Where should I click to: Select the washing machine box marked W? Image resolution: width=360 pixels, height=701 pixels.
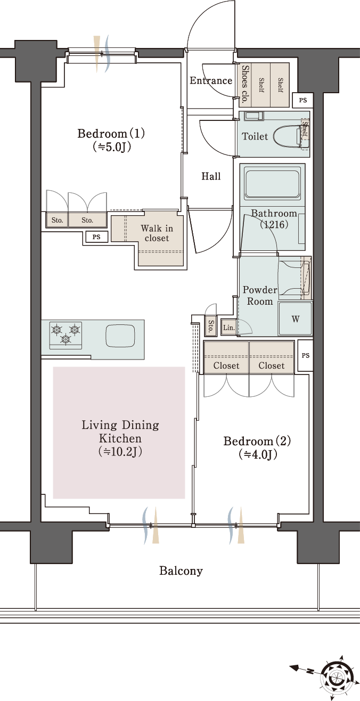295,319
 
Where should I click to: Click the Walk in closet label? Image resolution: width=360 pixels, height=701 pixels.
157,233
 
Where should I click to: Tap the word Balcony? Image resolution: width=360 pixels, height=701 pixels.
181,571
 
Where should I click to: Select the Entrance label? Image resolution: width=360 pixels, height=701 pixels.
211,81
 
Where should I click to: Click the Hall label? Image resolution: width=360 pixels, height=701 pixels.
211,176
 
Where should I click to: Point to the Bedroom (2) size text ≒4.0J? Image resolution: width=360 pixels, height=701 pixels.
258,454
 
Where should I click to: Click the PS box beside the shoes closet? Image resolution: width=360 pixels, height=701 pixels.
302,101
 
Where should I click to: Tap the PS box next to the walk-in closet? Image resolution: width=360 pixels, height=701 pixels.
96,237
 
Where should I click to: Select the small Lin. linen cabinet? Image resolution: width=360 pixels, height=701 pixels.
228,328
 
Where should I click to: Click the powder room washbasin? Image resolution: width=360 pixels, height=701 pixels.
294,278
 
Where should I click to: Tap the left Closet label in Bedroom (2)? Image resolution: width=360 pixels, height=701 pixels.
226,365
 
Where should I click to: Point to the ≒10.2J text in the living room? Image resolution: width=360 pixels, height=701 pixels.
120,452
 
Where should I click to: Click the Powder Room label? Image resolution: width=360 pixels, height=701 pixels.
259,296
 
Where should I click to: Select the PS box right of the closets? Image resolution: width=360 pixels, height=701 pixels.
305,355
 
